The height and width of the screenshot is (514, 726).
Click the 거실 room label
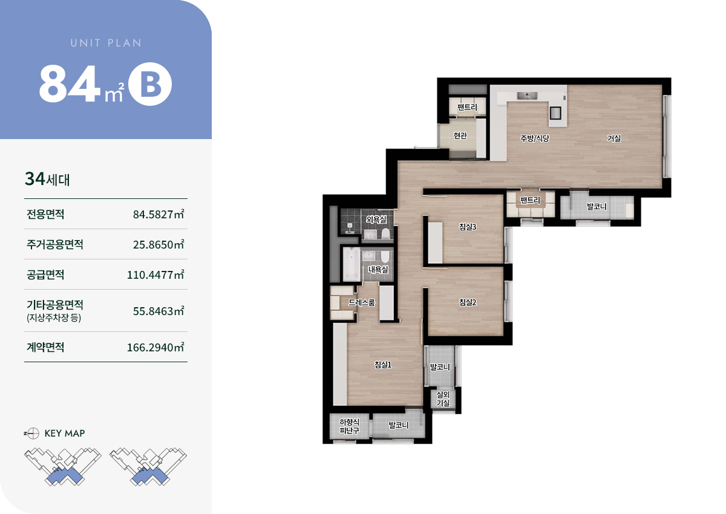[x=614, y=138]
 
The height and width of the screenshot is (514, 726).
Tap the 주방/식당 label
[x=535, y=138]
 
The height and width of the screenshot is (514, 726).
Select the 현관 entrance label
[x=460, y=135]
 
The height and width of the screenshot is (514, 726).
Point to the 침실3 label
[x=468, y=227]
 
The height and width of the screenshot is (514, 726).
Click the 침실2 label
[x=468, y=302]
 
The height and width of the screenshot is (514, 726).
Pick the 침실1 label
[x=383, y=365]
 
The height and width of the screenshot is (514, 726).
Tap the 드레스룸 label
[x=362, y=302]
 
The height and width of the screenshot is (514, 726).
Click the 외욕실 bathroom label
[x=376, y=220]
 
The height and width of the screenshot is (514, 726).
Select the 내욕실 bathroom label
[x=378, y=269]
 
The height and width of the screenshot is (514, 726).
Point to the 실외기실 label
[x=443, y=399]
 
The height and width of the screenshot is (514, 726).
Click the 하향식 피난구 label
[x=350, y=426]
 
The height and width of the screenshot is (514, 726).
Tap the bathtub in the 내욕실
[x=352, y=264]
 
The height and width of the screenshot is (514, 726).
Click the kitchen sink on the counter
[x=527, y=96]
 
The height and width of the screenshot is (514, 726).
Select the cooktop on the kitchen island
[x=555, y=113]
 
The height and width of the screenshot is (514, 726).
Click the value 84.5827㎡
[x=159, y=214]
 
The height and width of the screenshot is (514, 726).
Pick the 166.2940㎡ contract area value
[x=155, y=347]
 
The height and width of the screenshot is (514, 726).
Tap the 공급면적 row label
[x=45, y=275]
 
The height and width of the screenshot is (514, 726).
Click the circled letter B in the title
[x=150, y=84]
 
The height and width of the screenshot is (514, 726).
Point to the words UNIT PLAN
[x=106, y=43]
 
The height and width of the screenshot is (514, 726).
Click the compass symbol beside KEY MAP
[x=32, y=434]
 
